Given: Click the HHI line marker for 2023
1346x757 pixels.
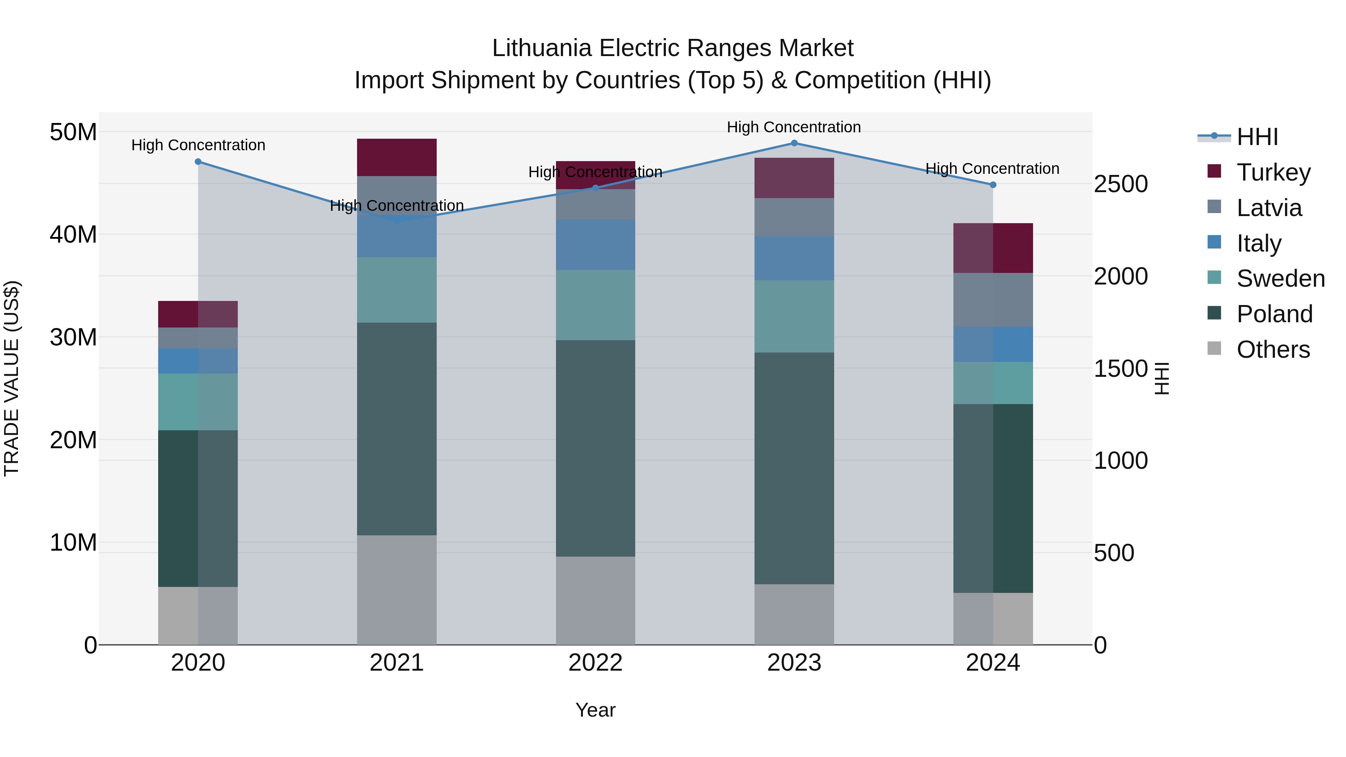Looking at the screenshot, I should (x=794, y=143).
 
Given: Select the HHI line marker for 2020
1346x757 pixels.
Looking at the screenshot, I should (x=198, y=162).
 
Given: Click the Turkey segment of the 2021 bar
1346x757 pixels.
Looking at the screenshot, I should (x=397, y=157).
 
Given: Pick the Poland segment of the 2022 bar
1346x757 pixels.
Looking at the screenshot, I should (x=595, y=448).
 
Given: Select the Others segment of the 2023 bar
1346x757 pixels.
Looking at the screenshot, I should (x=794, y=614).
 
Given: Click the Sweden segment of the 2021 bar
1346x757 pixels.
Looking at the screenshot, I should (x=397, y=290).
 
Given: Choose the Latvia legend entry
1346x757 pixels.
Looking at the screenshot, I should (x=1269, y=208).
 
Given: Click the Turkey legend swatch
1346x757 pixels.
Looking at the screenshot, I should (x=1214, y=171).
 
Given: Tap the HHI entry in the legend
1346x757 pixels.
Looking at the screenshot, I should (x=1257, y=137).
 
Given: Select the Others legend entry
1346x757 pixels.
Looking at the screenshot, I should (x=1273, y=350).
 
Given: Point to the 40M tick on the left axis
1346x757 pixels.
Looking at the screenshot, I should (x=73, y=234).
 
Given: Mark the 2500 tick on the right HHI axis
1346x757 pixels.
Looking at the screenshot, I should (x=1121, y=184).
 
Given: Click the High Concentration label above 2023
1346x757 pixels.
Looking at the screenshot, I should (x=794, y=127).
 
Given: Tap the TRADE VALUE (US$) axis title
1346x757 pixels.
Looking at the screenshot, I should (x=12, y=378).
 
